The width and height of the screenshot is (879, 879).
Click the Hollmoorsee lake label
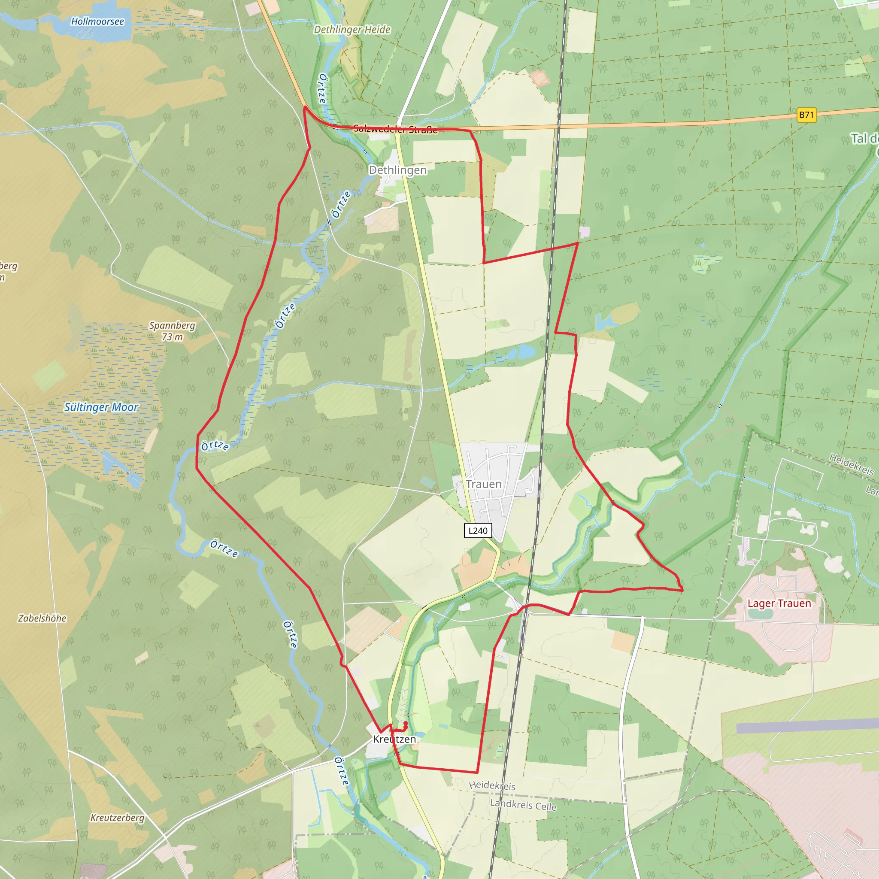point(97,21)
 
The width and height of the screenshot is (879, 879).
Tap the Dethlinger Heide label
point(352,30)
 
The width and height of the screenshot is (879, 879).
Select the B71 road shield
point(806,115)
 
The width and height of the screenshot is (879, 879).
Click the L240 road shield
point(478,530)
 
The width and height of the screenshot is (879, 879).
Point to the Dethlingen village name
point(397,170)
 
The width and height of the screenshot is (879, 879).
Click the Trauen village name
point(484,484)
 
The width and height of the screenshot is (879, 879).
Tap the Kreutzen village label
point(394,740)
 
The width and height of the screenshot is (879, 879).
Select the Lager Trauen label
point(779,603)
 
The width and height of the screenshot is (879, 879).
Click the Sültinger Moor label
point(101,407)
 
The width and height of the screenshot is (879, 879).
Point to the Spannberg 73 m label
point(173,331)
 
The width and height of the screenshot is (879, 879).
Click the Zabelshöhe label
point(42,618)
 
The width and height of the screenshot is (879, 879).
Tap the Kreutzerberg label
point(117,818)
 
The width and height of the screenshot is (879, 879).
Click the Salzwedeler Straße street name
point(395,129)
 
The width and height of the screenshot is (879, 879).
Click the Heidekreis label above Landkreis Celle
point(492,785)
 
